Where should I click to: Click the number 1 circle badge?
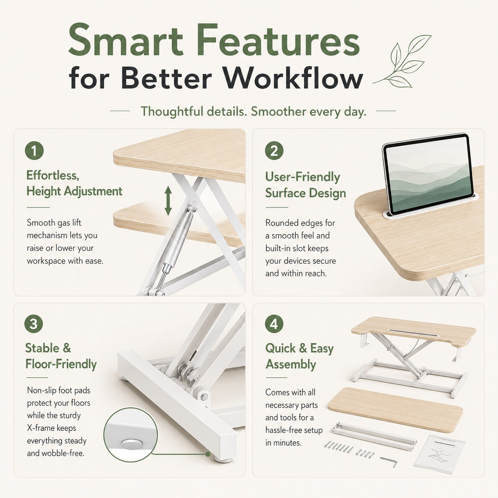[34, 151]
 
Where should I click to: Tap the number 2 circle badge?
[274, 151]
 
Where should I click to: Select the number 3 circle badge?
[34, 324]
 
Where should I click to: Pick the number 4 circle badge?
[274, 324]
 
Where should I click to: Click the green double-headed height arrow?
[168, 201]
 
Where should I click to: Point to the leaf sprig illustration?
[402, 61]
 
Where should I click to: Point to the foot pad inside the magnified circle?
[132, 444]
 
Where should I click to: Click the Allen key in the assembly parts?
[388, 461]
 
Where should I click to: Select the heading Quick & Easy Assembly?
[300, 356]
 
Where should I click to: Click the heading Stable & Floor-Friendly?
[61, 356]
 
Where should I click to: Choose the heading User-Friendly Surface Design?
[306, 185]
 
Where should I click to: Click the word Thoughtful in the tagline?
[172, 111]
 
